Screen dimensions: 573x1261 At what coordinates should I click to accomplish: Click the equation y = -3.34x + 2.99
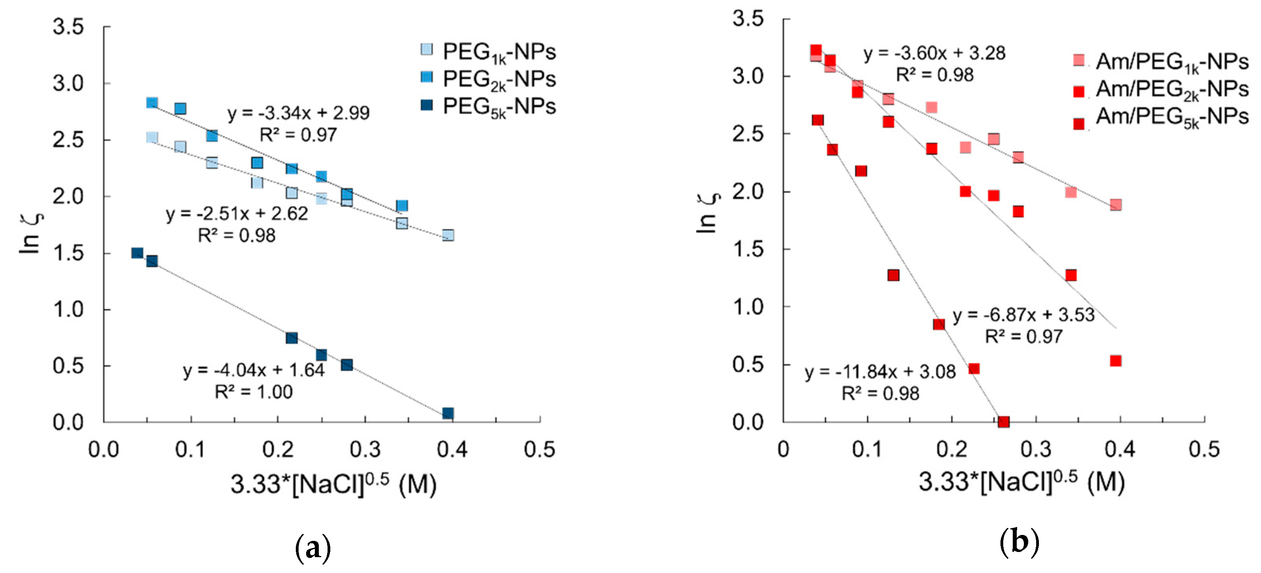point(299,113)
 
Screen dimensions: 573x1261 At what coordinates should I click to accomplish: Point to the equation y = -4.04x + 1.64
point(253,371)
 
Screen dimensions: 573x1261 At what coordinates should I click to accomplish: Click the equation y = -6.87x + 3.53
point(1023,315)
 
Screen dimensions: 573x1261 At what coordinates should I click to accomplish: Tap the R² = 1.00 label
point(253,392)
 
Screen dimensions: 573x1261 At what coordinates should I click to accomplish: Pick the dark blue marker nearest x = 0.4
point(447,413)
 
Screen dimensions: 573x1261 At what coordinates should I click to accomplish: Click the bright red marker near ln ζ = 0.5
point(1115,361)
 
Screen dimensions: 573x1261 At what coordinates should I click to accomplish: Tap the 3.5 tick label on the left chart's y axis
point(68,27)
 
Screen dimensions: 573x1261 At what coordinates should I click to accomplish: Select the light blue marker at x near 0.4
point(447,235)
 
